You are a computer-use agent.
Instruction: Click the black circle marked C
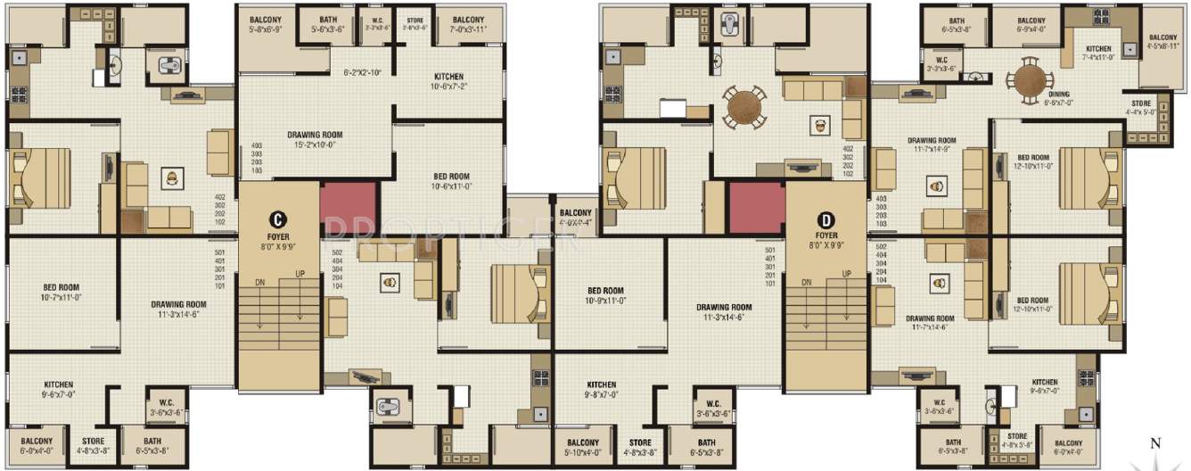[x=278, y=218]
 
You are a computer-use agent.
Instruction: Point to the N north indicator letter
[x=1154, y=443]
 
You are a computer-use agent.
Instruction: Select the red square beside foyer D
[x=756, y=208]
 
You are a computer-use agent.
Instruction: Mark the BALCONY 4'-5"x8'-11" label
[x=1162, y=43]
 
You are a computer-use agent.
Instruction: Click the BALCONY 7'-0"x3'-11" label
[x=468, y=24]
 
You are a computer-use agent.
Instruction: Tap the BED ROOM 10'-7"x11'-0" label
[x=67, y=293]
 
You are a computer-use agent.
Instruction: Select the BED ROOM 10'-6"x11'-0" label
[x=451, y=181]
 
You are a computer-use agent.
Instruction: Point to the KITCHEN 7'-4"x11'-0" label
[x=1097, y=54]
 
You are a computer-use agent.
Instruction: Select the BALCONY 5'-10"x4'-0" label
[x=587, y=446]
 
